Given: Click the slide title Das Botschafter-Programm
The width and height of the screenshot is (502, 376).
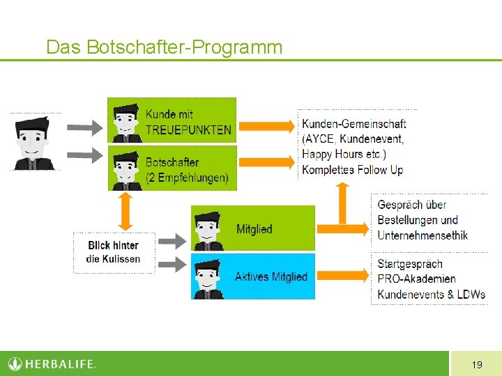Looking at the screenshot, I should coord(164,47).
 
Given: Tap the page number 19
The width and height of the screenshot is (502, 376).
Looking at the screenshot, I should coord(477,364).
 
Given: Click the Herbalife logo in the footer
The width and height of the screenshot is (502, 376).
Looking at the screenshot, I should coord(52,363).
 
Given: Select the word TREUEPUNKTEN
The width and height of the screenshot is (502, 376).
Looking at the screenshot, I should coord(188,129).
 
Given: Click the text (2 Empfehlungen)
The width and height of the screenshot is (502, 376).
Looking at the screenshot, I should coord(187,178).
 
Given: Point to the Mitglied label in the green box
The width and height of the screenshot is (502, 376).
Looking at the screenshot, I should coord(254,229).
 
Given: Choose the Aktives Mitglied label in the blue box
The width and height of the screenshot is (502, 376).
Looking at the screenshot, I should coord(271,276).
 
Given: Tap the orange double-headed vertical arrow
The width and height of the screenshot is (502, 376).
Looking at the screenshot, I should coord(125,211).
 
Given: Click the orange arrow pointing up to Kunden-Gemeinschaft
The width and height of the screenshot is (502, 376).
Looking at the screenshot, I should coord(342,202).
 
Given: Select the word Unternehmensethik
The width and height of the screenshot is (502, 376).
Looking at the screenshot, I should coord(423,235).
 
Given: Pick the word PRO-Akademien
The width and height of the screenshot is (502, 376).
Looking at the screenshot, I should coord(416,279).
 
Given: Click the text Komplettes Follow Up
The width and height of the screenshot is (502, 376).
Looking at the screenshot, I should coord(352,169).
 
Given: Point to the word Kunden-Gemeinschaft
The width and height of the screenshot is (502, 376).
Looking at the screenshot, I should coord(353,124).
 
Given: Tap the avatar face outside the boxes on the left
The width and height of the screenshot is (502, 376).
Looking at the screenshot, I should coord(33,142).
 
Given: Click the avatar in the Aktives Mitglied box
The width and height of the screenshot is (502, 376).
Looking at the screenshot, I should coord(208,278).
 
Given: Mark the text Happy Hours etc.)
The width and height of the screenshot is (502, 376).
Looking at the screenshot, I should coord(344,154).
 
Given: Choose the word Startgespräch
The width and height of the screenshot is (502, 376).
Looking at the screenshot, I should coord(410,264).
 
